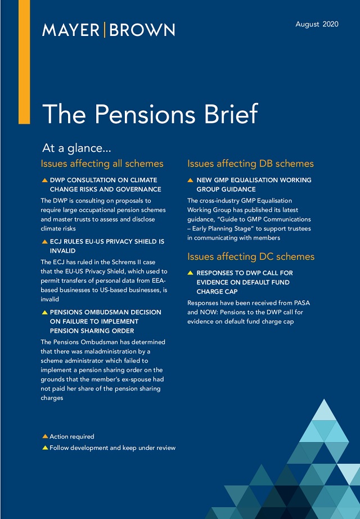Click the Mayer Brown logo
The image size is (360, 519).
click(x=108, y=30)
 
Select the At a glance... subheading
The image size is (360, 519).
click(x=76, y=148)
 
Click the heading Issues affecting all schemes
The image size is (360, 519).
click(x=102, y=164)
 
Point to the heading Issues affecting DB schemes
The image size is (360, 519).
click(x=250, y=164)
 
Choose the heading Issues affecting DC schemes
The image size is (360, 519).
click(x=251, y=256)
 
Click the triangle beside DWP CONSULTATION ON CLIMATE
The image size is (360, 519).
click(x=45, y=180)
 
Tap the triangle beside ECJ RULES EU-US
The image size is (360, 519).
click(x=45, y=241)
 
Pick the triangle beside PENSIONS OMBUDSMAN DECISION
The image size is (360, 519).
click(x=45, y=312)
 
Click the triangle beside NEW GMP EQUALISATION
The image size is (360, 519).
click(x=191, y=180)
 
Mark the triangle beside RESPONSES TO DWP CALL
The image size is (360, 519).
click(x=191, y=273)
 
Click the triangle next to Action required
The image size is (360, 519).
click(x=45, y=436)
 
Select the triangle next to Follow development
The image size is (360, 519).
click(x=45, y=448)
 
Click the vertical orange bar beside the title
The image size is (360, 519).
click(x=24, y=62)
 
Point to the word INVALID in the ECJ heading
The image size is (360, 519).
click(x=62, y=251)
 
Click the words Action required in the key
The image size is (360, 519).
click(x=72, y=436)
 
